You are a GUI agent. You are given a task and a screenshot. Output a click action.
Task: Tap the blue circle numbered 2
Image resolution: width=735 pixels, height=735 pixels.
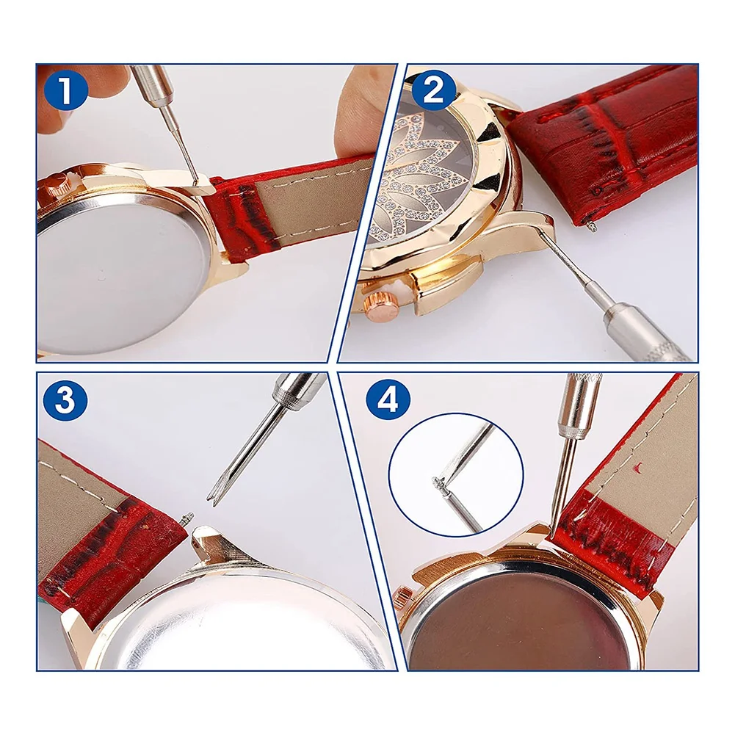click(x=433, y=92)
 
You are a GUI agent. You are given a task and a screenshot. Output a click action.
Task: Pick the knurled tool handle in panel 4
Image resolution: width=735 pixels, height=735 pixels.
click(x=578, y=404)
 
